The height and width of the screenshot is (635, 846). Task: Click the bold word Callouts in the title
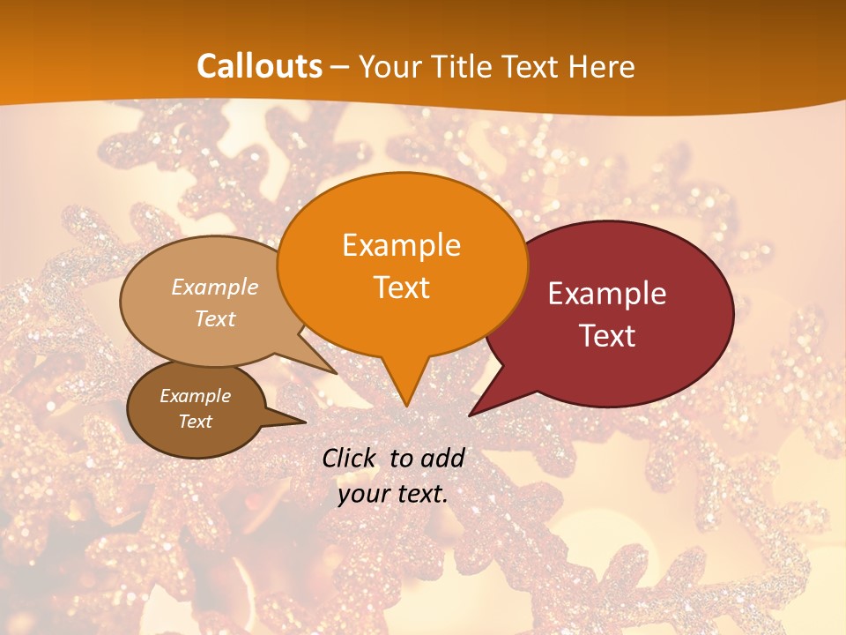coord(259,66)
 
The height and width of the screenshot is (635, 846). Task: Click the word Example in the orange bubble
coord(401,245)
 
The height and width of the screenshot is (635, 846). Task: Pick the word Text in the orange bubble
coord(401,287)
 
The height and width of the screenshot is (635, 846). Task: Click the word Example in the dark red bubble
coord(607,294)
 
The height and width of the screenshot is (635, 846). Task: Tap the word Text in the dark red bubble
coord(607,335)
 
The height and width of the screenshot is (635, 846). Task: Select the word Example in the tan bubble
coord(214,287)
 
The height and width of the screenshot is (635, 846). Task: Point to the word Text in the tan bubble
coord(214,318)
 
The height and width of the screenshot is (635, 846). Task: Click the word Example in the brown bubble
coord(195,396)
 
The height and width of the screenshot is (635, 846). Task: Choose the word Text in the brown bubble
coord(195,422)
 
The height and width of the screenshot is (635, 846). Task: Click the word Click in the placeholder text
coord(350,458)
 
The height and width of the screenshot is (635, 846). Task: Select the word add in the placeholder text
coord(442,458)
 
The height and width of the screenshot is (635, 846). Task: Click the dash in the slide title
coord(340,67)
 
